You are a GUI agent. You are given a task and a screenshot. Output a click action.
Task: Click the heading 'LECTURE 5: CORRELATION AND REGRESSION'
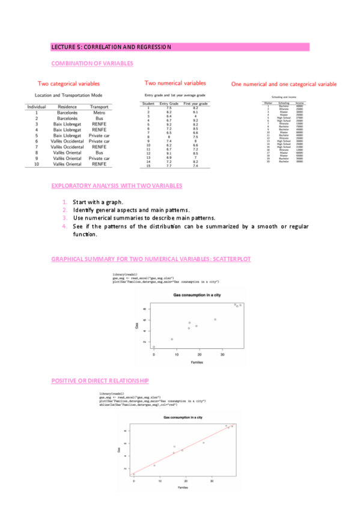pos(111,47)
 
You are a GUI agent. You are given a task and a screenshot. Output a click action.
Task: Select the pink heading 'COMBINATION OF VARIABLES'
pos(93,63)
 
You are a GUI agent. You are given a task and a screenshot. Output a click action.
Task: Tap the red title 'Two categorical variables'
pos(69,84)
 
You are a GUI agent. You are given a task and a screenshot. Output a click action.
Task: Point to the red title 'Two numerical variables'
pos(175,83)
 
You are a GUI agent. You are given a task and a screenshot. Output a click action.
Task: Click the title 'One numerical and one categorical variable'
pos(284,85)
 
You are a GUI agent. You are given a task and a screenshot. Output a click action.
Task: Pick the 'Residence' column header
pos(67,106)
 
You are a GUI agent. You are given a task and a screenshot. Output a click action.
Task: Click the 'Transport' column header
pos(99,106)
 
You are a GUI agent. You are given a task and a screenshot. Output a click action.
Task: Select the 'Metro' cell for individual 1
pos(99,112)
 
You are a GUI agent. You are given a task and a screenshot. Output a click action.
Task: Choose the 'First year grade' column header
pos(195,104)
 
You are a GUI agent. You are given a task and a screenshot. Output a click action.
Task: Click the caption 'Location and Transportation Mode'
pos(68,96)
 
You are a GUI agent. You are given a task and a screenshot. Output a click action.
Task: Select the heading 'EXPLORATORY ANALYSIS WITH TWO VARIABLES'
pos(117,186)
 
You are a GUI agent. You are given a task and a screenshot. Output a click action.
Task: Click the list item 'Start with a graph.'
pos(97,202)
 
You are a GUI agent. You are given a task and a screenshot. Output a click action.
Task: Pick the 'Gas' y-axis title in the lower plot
pos(119,450)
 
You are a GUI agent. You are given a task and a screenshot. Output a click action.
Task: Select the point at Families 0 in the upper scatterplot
pos(154,347)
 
